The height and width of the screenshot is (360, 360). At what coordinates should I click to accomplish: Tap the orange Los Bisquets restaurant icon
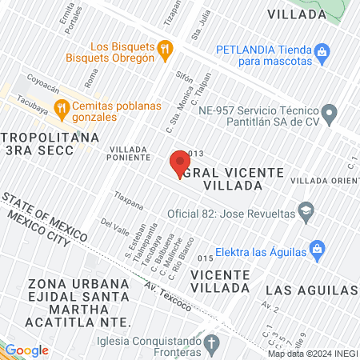coord(165,49)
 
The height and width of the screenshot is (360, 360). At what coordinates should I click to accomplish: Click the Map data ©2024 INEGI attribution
coord(313,354)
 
